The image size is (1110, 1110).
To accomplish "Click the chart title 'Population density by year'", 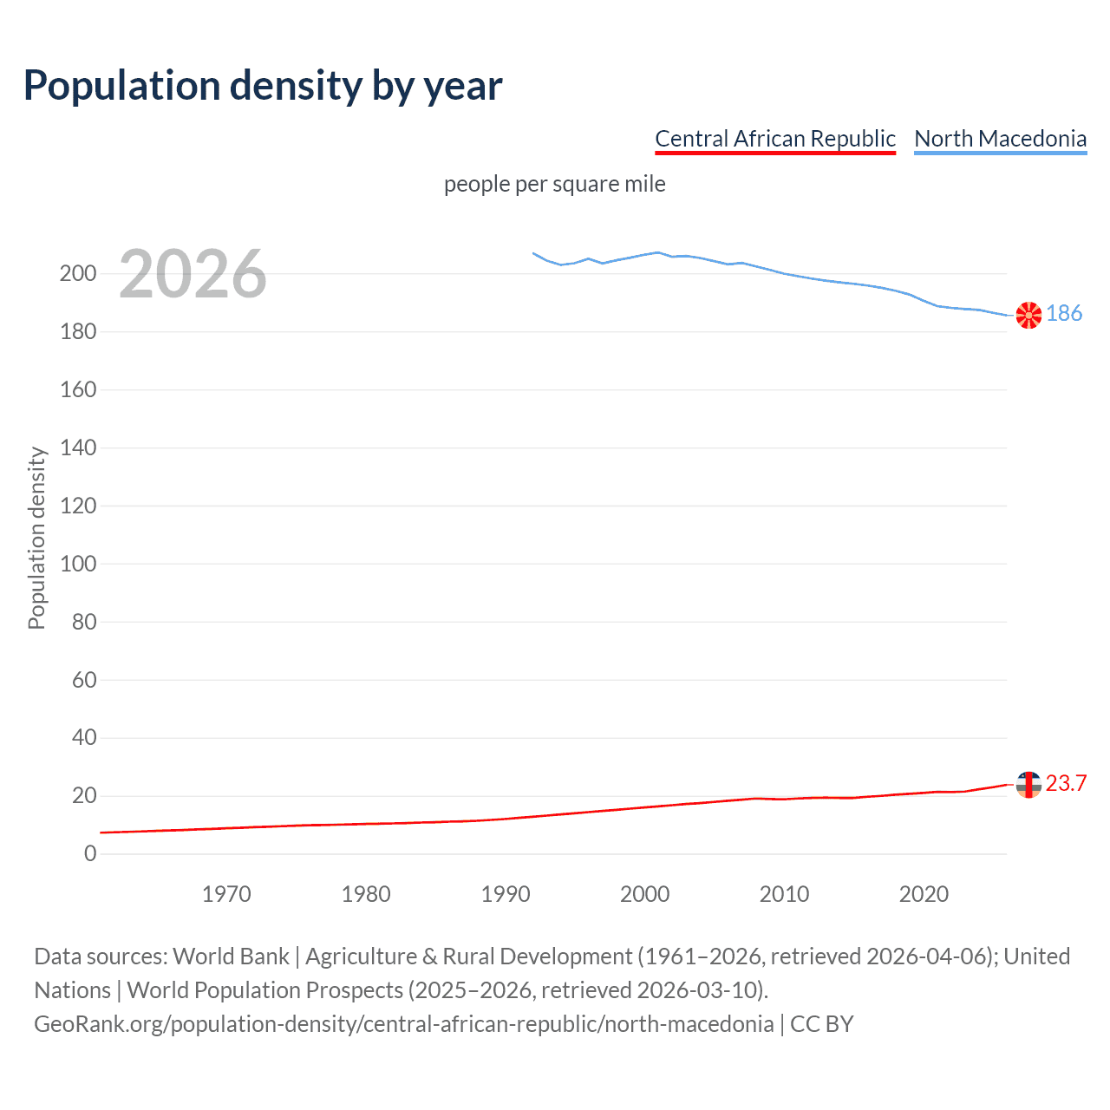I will tap(263, 86).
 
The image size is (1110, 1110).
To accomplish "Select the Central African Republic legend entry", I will tap(774, 139).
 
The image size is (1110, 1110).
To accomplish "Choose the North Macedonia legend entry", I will tap(1000, 139).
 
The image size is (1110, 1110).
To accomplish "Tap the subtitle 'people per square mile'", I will tap(554, 185).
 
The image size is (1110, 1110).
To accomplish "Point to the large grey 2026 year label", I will tap(193, 274).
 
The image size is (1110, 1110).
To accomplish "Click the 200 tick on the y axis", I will tap(78, 274).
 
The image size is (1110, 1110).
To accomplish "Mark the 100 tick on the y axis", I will tap(78, 564).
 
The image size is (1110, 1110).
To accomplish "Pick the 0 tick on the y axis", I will tap(90, 853).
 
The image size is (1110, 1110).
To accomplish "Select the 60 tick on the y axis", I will tap(84, 680).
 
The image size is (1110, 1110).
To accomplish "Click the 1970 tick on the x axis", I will tap(226, 894).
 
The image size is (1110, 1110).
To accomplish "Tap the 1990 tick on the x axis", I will tap(506, 894).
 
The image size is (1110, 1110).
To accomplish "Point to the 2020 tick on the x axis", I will tap(924, 894).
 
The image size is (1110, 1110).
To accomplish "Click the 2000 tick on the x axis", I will tap(644, 894).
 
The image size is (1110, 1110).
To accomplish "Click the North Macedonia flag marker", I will tap(1028, 315).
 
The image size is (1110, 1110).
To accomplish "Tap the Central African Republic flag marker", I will tap(1028, 784).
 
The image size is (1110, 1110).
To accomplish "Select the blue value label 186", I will tap(1064, 314).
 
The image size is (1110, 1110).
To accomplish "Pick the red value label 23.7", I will tap(1066, 784).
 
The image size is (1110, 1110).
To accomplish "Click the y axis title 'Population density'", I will tap(36, 538).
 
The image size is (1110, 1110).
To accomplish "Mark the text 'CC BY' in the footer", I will tap(821, 1024).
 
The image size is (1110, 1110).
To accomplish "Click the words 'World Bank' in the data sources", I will tap(231, 957).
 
